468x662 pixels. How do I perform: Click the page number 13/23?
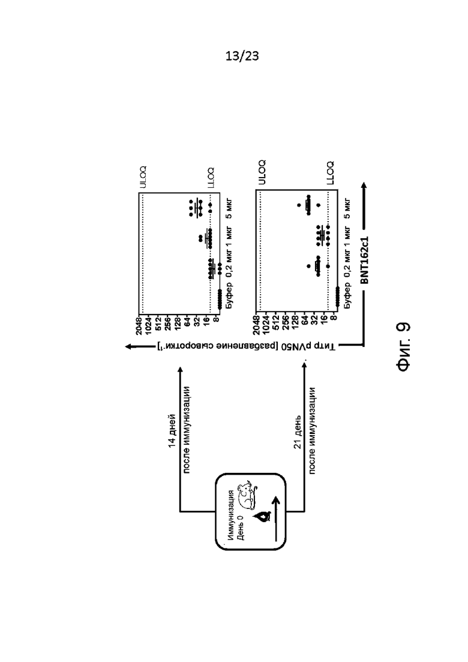(242, 56)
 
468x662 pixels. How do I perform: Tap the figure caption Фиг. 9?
(403, 346)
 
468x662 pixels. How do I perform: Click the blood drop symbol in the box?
(263, 517)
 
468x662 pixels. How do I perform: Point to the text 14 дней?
(172, 431)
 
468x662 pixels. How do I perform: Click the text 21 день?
(297, 432)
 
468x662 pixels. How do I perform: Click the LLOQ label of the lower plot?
(331, 173)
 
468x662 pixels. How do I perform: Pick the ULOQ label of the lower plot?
(262, 172)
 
